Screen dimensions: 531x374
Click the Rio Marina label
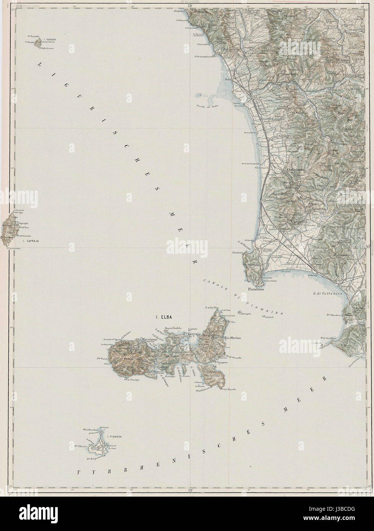point(232,337)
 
